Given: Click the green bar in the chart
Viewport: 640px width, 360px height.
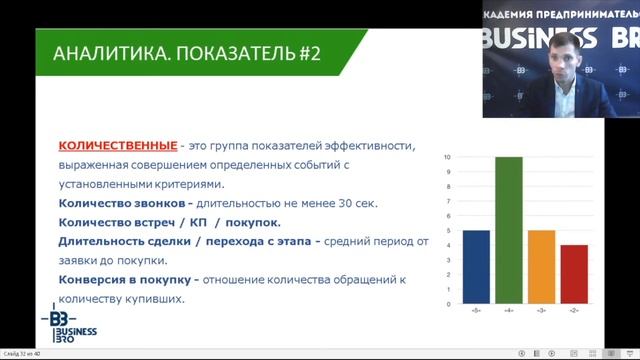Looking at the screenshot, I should pos(508,230).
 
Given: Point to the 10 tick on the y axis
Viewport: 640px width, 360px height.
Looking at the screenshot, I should pos(447,158).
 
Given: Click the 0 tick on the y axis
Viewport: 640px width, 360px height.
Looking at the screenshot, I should pos(448,303).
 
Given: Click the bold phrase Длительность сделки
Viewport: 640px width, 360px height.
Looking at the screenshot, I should pos(128,241).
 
